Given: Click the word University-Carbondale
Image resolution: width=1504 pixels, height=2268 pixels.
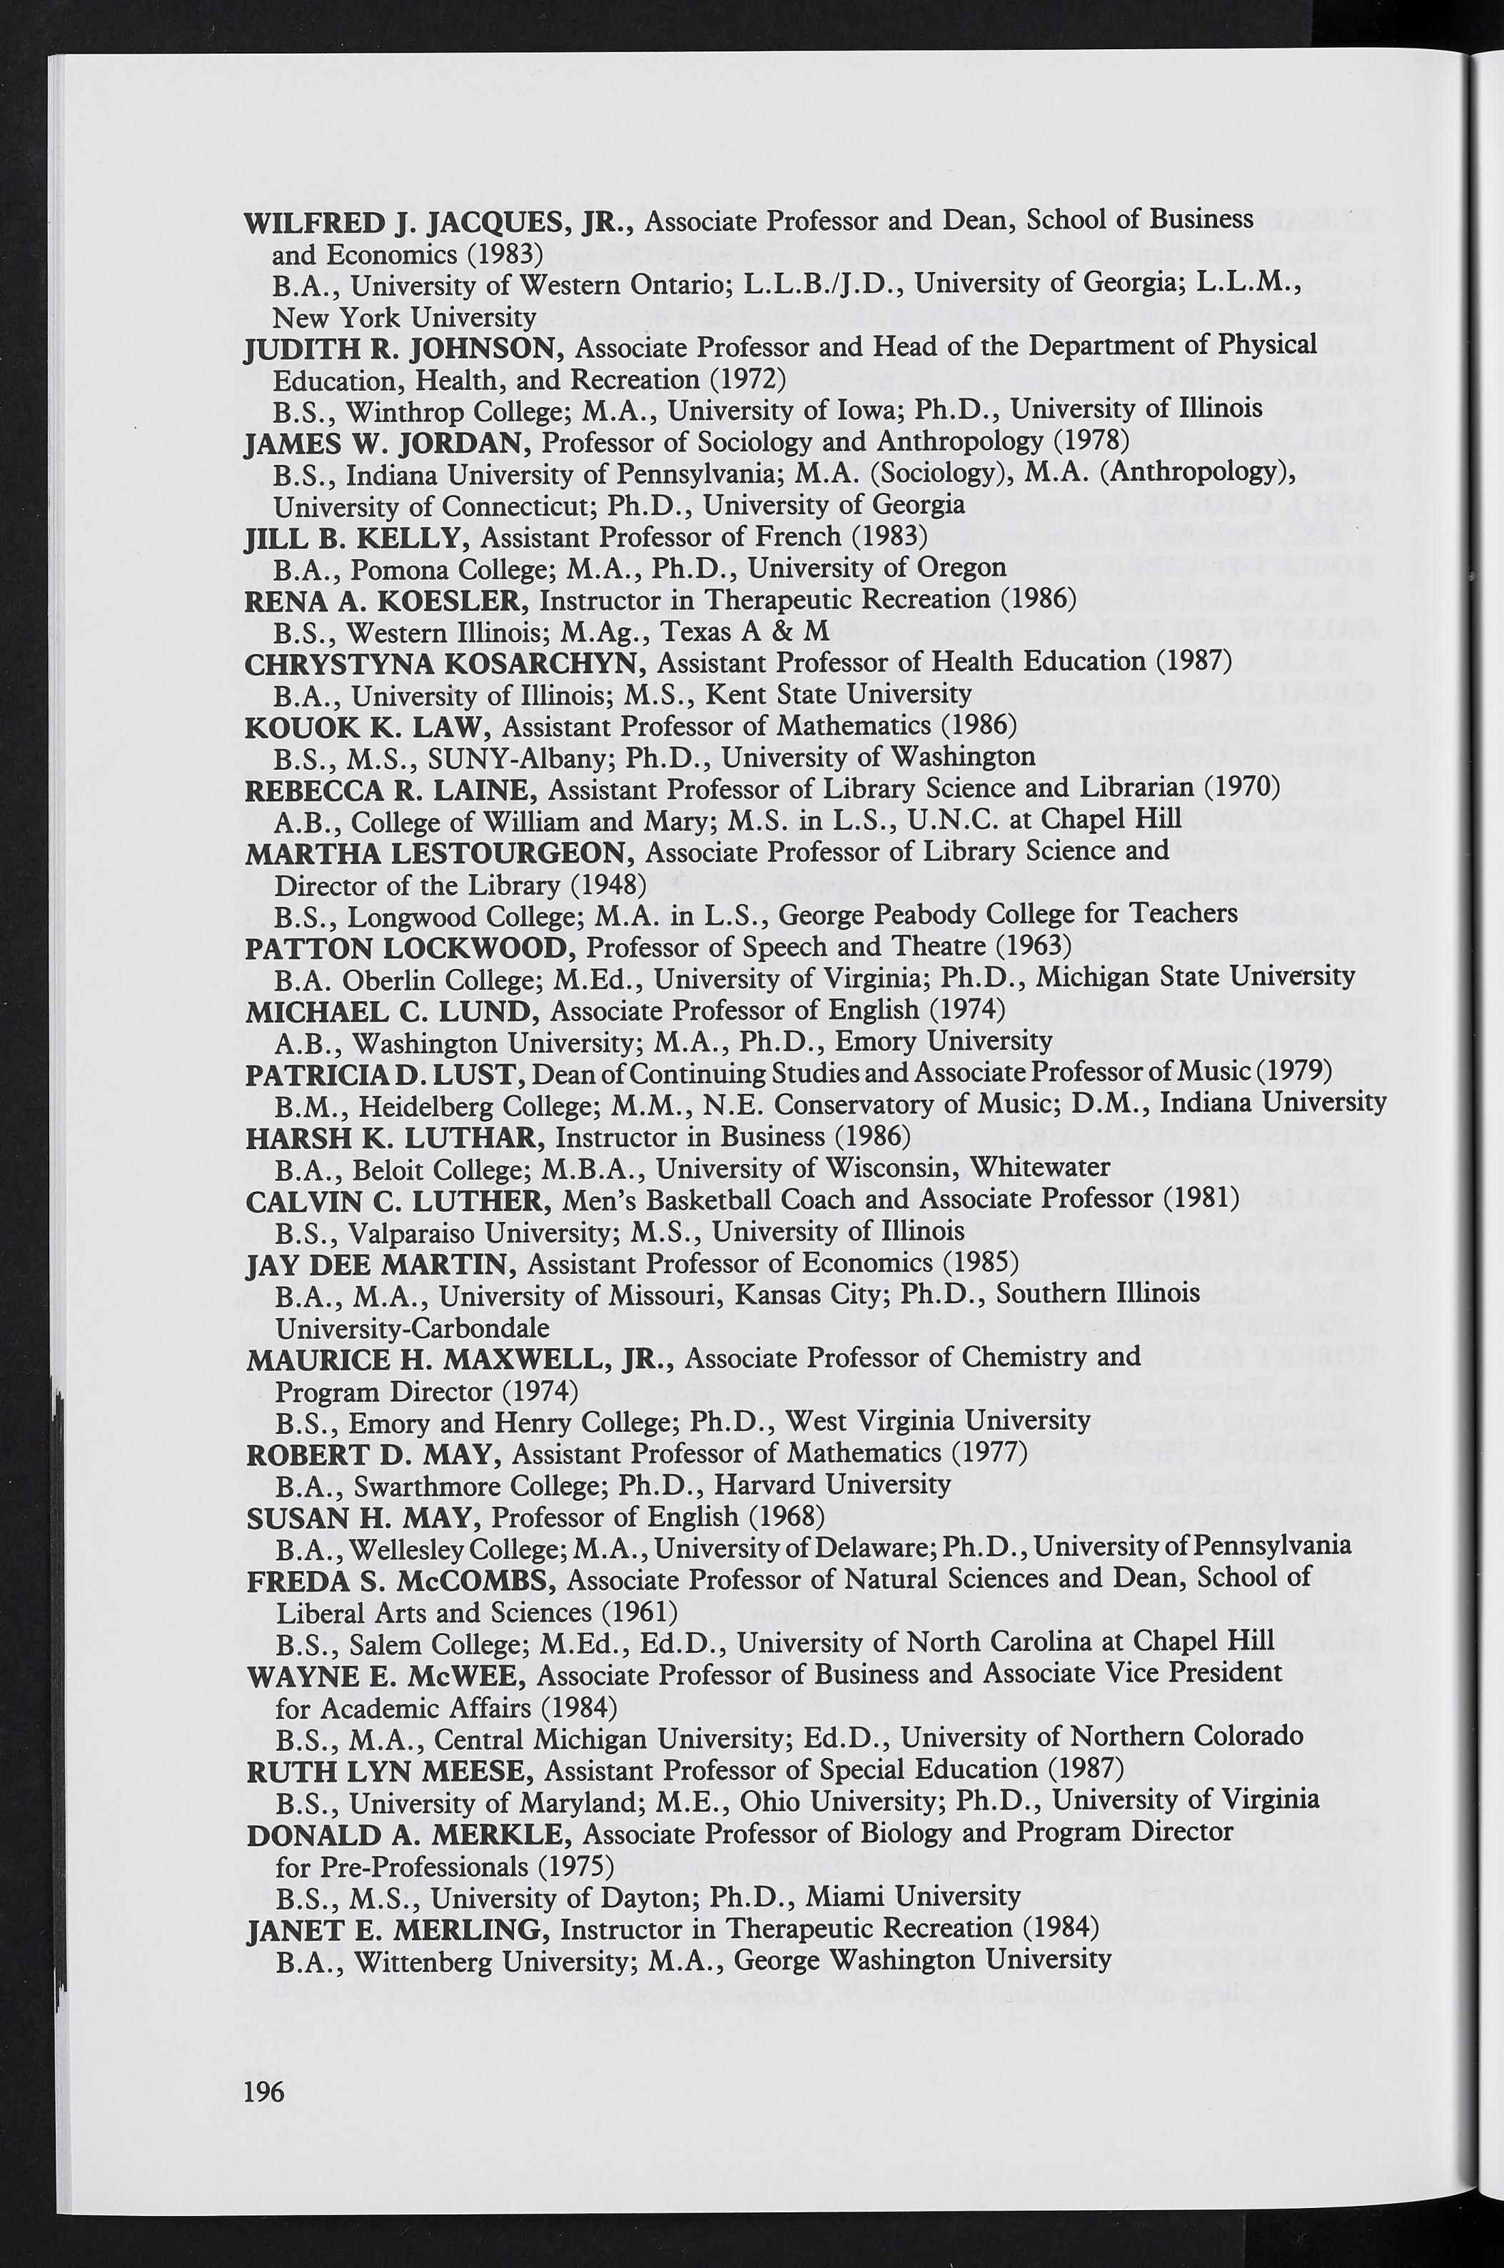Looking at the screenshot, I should [x=413, y=1328].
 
